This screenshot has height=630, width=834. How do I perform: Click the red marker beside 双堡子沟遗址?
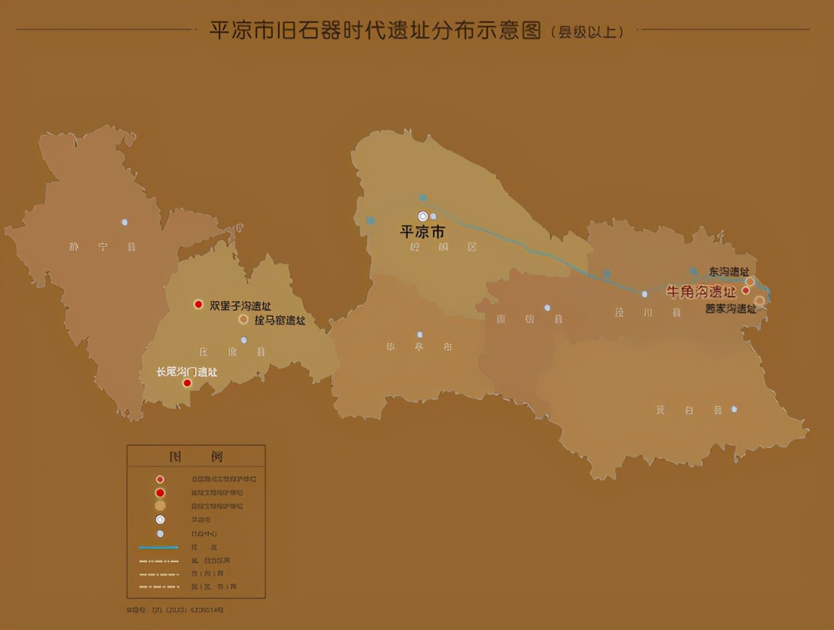pos(198,305)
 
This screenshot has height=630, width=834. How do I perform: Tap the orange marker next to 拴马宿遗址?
pos(243,319)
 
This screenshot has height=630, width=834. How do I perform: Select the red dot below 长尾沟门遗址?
pos(187,382)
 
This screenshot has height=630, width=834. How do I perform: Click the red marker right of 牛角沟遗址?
pos(746,291)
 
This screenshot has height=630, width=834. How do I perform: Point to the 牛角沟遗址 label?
pos(701,291)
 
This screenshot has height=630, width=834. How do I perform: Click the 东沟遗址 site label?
pos(728,271)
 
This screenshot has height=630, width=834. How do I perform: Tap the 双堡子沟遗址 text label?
pos(240,306)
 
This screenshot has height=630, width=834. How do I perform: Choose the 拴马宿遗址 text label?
pos(280,321)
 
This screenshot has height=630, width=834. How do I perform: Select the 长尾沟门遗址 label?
pos(187,372)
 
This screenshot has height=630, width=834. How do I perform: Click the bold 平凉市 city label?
pos(422,232)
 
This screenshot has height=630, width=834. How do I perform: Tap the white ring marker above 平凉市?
pos(423,216)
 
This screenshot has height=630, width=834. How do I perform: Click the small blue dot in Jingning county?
pos(125,223)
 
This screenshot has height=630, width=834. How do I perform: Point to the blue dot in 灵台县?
pos(734,410)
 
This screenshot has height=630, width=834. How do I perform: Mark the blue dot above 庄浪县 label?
pos(243,340)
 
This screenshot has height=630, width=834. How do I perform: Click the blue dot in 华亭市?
pos(420,334)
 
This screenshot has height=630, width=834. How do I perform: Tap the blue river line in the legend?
pos(159,547)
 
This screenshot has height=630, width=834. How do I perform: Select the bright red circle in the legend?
pos(160,492)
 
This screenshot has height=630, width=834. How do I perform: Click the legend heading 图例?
pos(195,457)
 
